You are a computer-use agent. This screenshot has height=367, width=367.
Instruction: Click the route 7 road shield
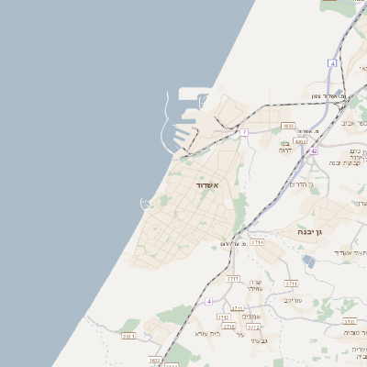click(x=245, y=133)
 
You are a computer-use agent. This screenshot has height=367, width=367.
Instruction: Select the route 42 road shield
click(x=314, y=150)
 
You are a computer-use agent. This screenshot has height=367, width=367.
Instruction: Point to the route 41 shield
click(x=333, y=63)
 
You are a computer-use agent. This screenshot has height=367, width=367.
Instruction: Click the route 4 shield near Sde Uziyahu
click(x=208, y=301)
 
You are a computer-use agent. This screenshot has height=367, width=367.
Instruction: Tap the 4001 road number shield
click(x=288, y=126)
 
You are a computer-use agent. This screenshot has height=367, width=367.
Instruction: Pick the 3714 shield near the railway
click(x=257, y=242)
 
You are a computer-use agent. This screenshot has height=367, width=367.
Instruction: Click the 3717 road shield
click(x=233, y=276)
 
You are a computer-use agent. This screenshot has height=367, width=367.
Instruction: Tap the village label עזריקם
click(x=293, y=299)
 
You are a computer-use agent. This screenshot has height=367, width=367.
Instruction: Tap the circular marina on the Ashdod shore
click(x=145, y=204)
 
